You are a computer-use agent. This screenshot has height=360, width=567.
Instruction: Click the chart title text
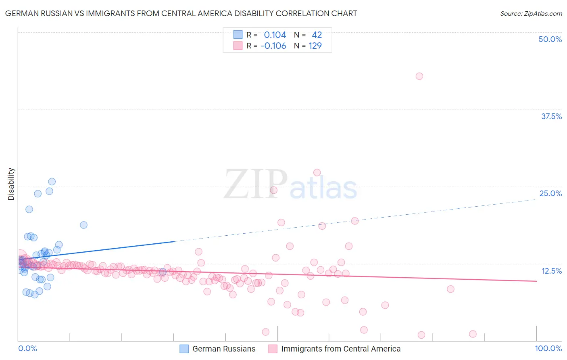pyautogui.click(x=181, y=13)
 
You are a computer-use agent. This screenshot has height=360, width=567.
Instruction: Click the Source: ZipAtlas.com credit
pyautogui.click(x=531, y=13)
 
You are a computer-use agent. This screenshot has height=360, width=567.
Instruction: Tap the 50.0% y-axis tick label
pyautogui.click(x=550, y=39)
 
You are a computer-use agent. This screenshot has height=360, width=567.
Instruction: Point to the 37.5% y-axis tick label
pyautogui.click(x=551, y=116)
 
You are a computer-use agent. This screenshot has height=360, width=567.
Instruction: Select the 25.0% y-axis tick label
pyautogui.click(x=550, y=193)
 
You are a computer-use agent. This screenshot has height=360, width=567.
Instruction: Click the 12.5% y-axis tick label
pyautogui.click(x=551, y=271)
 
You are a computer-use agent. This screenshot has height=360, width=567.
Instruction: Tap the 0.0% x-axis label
pyautogui.click(x=27, y=348)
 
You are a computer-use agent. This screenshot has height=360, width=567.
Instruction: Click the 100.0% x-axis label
pyautogui.click(x=548, y=348)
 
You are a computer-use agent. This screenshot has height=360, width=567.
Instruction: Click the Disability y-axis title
pyautogui.click(x=11, y=184)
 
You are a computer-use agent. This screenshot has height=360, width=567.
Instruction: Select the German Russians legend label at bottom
pyautogui.click(x=224, y=349)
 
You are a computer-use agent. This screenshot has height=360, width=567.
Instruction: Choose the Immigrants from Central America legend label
pyautogui.click(x=341, y=349)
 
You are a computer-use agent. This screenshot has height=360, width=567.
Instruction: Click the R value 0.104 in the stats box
pyautogui.click(x=275, y=35)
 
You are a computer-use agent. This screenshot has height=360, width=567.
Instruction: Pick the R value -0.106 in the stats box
pyautogui.click(x=273, y=46)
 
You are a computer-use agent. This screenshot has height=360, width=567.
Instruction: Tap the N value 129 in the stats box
pyautogui.click(x=315, y=46)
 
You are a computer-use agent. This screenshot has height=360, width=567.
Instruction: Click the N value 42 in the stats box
pyautogui.click(x=317, y=35)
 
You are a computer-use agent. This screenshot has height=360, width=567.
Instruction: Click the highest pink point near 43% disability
pyautogui.click(x=419, y=76)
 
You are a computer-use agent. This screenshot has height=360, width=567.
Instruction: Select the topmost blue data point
pyautogui.click(x=52, y=182)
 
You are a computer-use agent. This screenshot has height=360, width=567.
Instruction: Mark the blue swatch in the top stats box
pyautogui.click(x=238, y=35)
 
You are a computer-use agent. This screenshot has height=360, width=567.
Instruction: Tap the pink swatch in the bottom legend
pyautogui.click(x=273, y=349)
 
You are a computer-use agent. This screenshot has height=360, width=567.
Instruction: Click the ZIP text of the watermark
pyautogui.click(x=255, y=184)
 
